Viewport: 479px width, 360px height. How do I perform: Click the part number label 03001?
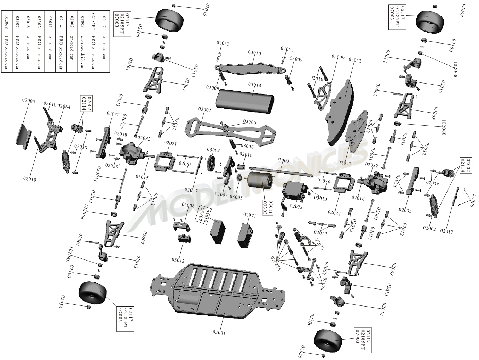coord(219,333)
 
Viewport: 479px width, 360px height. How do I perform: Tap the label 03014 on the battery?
coord(255,85)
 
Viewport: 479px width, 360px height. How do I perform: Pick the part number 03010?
coord(255,53)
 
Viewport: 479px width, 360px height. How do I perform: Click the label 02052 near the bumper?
coord(355,60)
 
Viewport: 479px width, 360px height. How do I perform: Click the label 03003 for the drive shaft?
coord(283,161)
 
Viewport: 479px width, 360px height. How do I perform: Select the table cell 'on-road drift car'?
coord(82,52)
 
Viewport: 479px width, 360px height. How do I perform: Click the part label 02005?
coord(29,101)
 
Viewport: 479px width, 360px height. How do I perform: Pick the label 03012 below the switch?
coord(178,260)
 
